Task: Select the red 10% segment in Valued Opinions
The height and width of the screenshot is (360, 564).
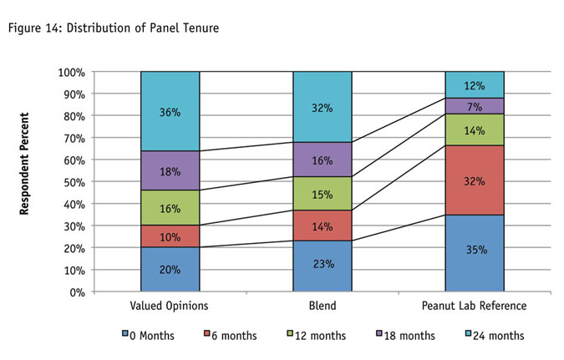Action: [170, 236]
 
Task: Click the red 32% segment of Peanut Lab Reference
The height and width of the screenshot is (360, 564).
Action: [475, 180]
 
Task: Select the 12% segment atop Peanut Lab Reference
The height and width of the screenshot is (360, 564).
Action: [475, 84]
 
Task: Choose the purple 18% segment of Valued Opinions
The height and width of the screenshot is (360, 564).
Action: [170, 170]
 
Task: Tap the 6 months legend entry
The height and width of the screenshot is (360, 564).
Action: [231, 336]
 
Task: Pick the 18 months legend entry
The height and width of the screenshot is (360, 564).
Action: [407, 336]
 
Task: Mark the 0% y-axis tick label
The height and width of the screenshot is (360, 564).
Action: [76, 292]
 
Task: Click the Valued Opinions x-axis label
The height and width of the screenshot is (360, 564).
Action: [170, 307]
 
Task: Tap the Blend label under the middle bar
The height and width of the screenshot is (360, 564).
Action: [323, 307]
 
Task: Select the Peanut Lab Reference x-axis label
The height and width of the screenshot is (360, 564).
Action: [475, 307]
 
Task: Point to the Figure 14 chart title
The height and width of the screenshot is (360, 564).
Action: [113, 28]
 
